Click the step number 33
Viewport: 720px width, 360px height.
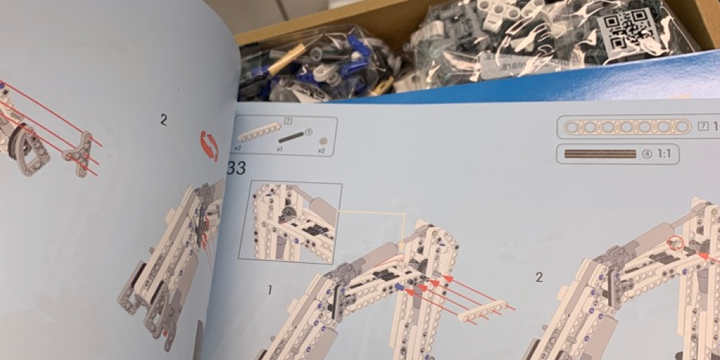[236, 169]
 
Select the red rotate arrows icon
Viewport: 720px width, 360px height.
[209, 145]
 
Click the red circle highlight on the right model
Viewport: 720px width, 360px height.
[676, 244]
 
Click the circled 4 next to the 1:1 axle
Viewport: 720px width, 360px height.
[648, 155]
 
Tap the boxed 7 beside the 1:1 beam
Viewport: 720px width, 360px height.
[703, 127]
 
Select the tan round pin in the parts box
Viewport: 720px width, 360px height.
[323, 141]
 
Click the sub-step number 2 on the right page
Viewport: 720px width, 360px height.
[539, 277]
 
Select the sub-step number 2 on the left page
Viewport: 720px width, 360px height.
[164, 120]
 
